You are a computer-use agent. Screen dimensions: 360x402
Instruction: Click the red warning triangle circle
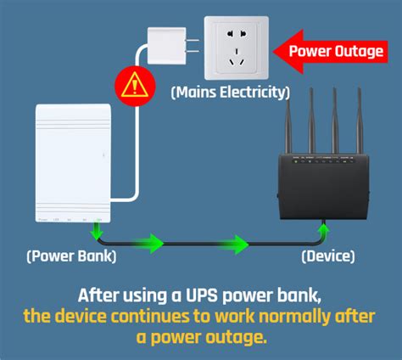[x=131, y=86]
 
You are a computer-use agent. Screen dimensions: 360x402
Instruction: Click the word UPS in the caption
[x=187, y=295]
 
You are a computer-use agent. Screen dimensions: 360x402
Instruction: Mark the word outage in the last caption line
[x=241, y=338]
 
